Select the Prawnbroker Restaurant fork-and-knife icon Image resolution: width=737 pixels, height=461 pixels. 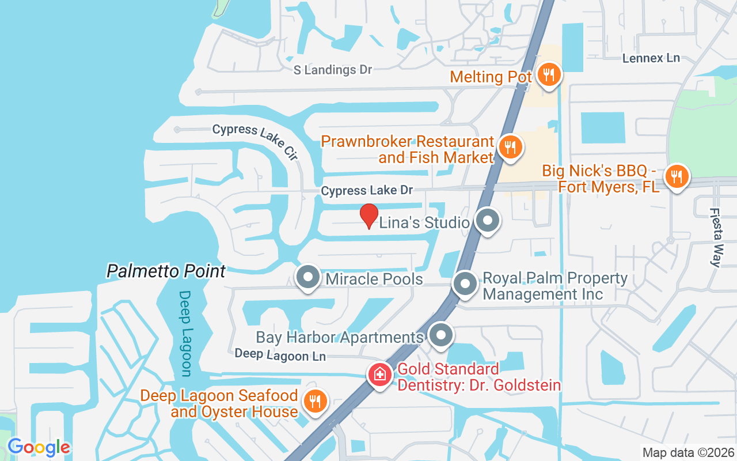[x=510, y=147]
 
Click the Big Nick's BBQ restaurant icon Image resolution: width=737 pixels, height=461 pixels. [x=677, y=176]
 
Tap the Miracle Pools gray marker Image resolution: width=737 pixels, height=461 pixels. [x=308, y=278]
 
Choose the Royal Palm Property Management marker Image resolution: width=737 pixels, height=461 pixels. [x=464, y=284]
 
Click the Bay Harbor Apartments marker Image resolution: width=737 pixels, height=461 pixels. [x=441, y=336]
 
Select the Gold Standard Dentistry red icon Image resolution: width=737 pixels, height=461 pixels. [x=380, y=375]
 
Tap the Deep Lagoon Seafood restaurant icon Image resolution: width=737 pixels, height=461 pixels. [x=314, y=402]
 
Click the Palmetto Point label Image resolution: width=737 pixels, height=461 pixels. [x=166, y=271]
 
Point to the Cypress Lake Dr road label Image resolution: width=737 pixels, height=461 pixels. [x=367, y=190]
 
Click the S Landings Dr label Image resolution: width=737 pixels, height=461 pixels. [x=333, y=70]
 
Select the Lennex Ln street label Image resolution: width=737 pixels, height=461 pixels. [x=651, y=58]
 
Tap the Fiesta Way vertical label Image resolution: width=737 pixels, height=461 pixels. [x=716, y=237]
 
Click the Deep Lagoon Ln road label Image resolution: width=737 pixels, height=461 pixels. [x=280, y=356]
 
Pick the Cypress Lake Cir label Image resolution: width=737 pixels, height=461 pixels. [x=256, y=140]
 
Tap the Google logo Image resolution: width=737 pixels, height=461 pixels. [x=39, y=447]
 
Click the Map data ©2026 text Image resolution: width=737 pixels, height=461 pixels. [x=688, y=452]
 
